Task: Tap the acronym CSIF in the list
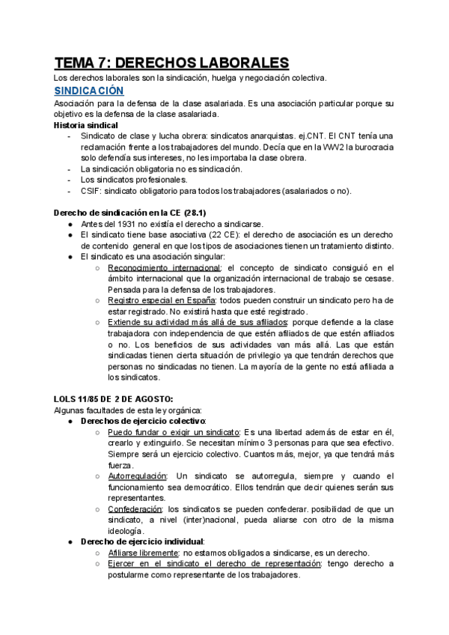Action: pos(91,190)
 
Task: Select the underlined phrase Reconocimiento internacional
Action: pos(165,267)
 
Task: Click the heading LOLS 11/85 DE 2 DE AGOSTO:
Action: pos(114,398)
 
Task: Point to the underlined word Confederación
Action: pos(136,508)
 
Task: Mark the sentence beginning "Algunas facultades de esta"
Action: pos(129,410)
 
